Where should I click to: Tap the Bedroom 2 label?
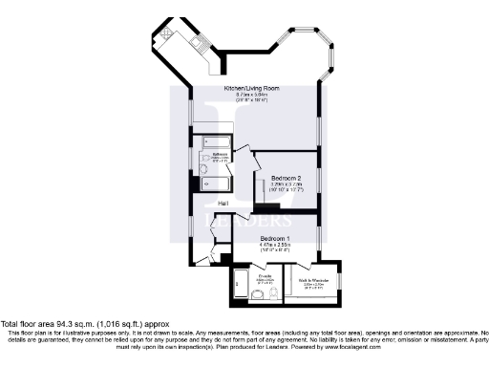coord(287,179)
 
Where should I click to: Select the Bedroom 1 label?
coord(274,237)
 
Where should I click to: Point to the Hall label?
coord(223,204)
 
